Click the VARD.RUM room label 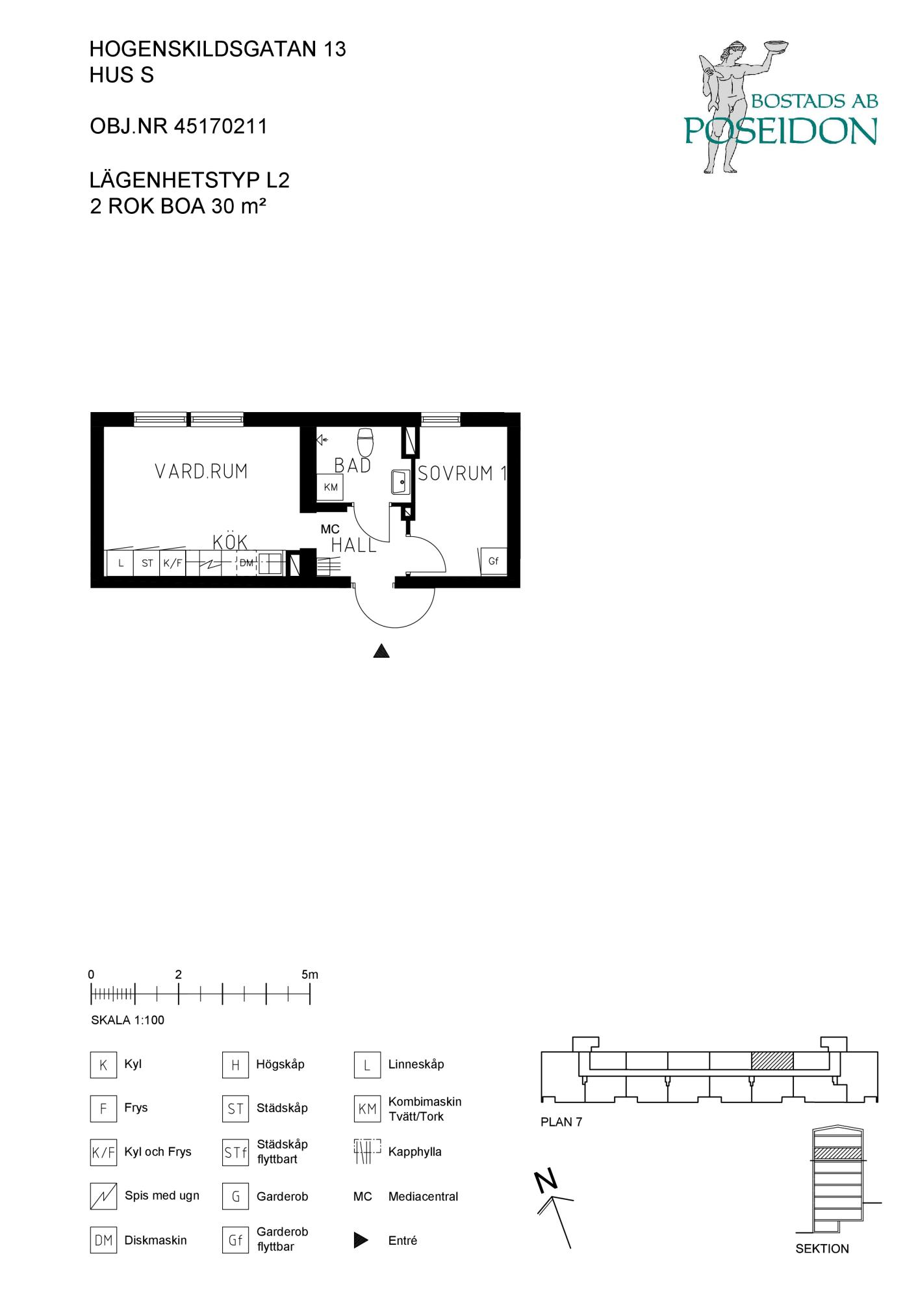click(201, 471)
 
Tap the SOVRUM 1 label click(462, 473)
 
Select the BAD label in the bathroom click(353, 465)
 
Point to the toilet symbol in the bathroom click(366, 442)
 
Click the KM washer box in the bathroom click(330, 487)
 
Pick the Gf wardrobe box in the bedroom click(493, 561)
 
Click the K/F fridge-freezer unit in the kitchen click(173, 564)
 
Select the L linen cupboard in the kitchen click(120, 564)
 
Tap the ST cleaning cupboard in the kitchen click(147, 564)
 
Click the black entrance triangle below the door click(381, 651)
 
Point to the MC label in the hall click(330, 529)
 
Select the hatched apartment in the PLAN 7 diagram click(772, 1061)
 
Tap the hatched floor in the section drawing click(837, 1154)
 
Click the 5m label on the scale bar click(310, 974)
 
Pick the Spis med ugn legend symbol click(103, 1196)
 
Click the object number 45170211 click(221, 126)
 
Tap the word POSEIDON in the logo click(781, 131)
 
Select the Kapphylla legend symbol click(367, 1151)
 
